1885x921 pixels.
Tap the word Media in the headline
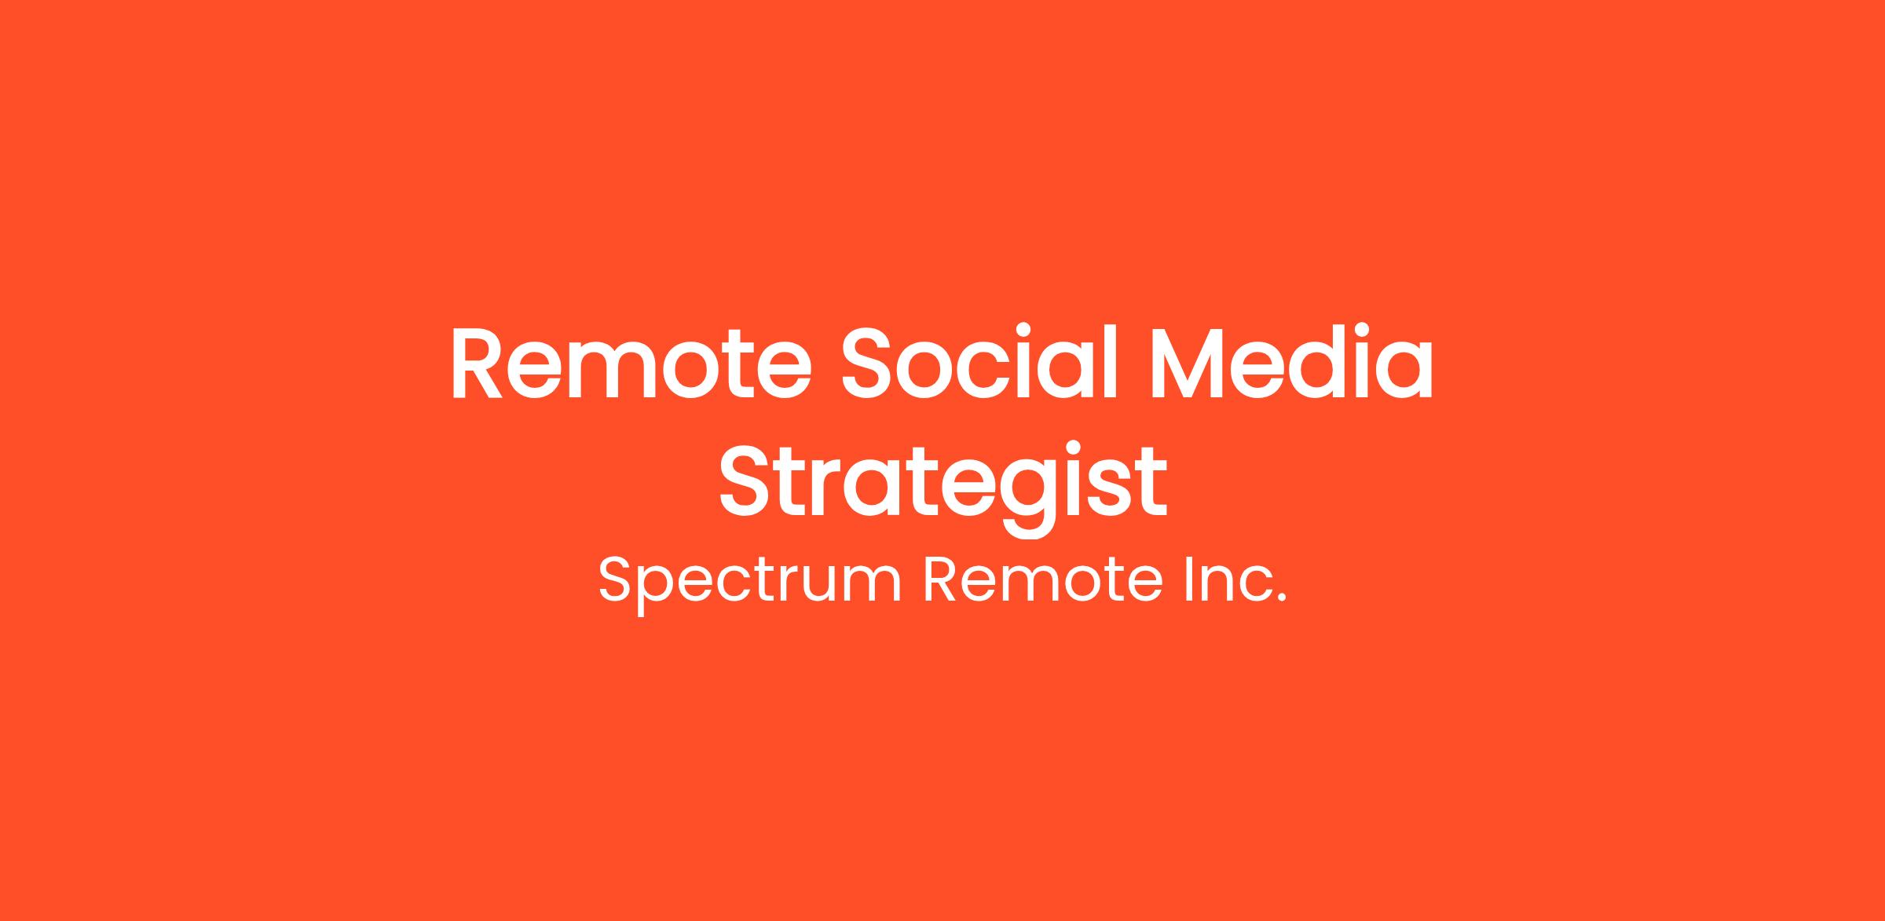(1292, 362)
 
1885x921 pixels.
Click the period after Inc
(1283, 598)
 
